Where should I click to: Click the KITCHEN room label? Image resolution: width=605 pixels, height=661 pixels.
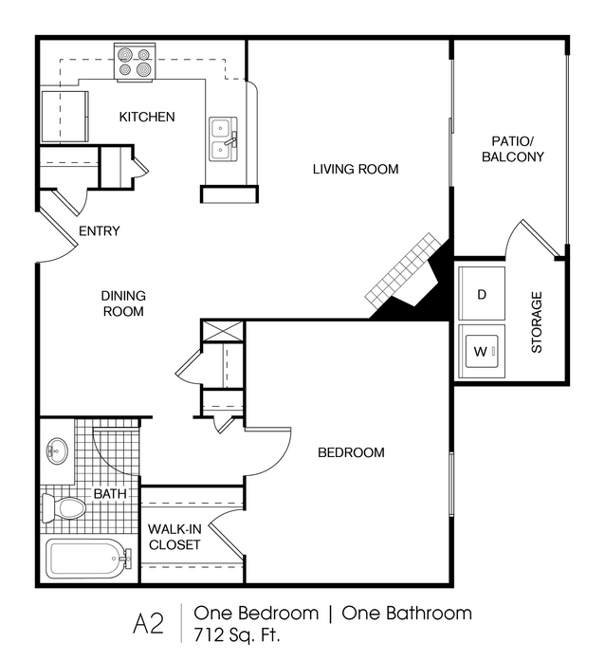click(x=147, y=117)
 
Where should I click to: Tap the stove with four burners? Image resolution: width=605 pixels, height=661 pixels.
click(x=135, y=61)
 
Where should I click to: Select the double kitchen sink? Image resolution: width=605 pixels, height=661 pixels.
click(x=224, y=139)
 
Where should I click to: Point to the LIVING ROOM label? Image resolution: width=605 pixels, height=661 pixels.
click(x=356, y=169)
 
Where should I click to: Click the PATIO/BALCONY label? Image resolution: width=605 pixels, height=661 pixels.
click(x=513, y=149)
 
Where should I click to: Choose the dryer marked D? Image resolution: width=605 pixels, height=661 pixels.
click(x=482, y=293)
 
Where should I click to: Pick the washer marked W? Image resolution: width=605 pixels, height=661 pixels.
click(x=482, y=351)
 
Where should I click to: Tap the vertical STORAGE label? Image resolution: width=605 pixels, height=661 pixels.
click(x=537, y=322)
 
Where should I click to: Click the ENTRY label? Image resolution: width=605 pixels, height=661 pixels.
click(x=100, y=231)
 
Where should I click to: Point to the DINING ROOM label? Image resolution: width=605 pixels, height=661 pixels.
click(x=123, y=303)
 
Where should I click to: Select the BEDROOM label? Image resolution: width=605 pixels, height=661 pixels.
click(x=351, y=452)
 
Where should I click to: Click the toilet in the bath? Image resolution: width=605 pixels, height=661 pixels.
click(x=64, y=508)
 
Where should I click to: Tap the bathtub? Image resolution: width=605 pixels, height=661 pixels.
click(x=88, y=559)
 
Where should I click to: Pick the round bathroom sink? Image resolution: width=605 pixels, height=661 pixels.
click(x=57, y=451)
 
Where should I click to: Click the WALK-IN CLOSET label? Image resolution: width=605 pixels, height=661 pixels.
click(x=174, y=537)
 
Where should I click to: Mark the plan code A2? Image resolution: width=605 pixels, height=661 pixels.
click(x=148, y=624)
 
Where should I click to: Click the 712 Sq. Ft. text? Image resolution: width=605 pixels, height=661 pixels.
click(x=237, y=634)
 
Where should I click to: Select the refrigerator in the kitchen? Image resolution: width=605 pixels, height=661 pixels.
click(x=64, y=117)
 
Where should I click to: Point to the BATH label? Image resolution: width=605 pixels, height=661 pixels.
click(x=110, y=494)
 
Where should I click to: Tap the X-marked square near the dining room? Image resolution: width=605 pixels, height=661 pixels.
click(x=223, y=331)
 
